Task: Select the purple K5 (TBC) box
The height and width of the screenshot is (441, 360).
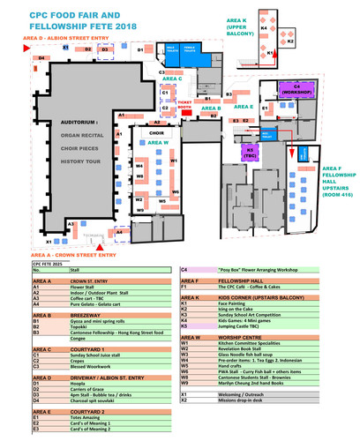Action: (x=251, y=151)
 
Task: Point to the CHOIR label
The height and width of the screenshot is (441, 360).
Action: (x=155, y=134)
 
